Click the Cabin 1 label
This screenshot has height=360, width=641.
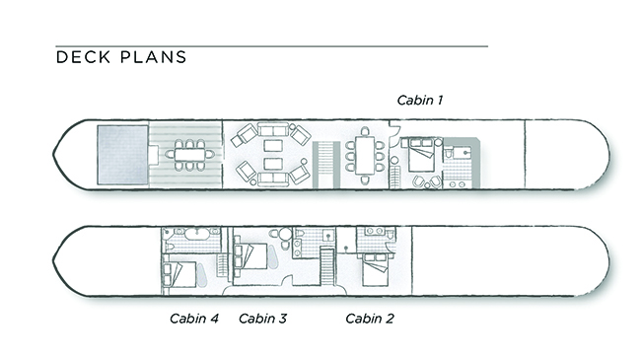[x=419, y=101]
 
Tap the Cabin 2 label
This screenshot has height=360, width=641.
[x=370, y=319]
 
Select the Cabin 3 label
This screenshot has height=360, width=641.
[x=263, y=319]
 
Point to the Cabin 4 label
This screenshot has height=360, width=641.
[x=194, y=319]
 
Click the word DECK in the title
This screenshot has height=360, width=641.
[x=83, y=57]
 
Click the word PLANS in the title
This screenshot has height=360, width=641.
[x=154, y=57]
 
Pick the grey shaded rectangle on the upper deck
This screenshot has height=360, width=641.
[x=122, y=155]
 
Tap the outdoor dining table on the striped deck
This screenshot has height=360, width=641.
[x=190, y=155]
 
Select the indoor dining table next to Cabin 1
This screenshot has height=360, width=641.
[x=365, y=156]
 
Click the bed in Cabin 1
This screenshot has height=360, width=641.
[x=421, y=155]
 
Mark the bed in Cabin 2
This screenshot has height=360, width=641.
[x=375, y=270]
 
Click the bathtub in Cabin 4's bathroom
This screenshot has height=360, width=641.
[x=197, y=234]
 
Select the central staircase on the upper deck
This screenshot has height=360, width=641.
[x=326, y=165]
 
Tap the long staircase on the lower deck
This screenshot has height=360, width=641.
[x=327, y=266]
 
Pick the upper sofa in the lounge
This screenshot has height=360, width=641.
[x=273, y=130]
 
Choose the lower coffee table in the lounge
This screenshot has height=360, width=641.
[x=273, y=164]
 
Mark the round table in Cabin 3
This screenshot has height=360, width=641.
[x=285, y=235]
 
